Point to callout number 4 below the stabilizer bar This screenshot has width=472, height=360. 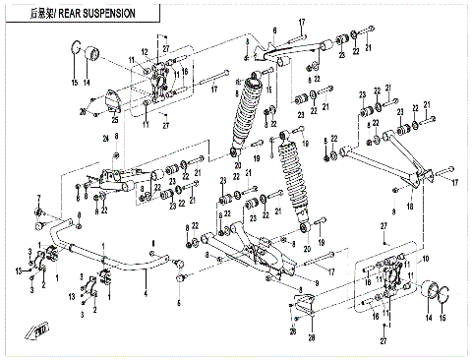point(147,295)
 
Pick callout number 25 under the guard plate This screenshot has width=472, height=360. point(116,121)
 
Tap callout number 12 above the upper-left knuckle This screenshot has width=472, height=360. point(144,51)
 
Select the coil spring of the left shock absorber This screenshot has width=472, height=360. point(244,111)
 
